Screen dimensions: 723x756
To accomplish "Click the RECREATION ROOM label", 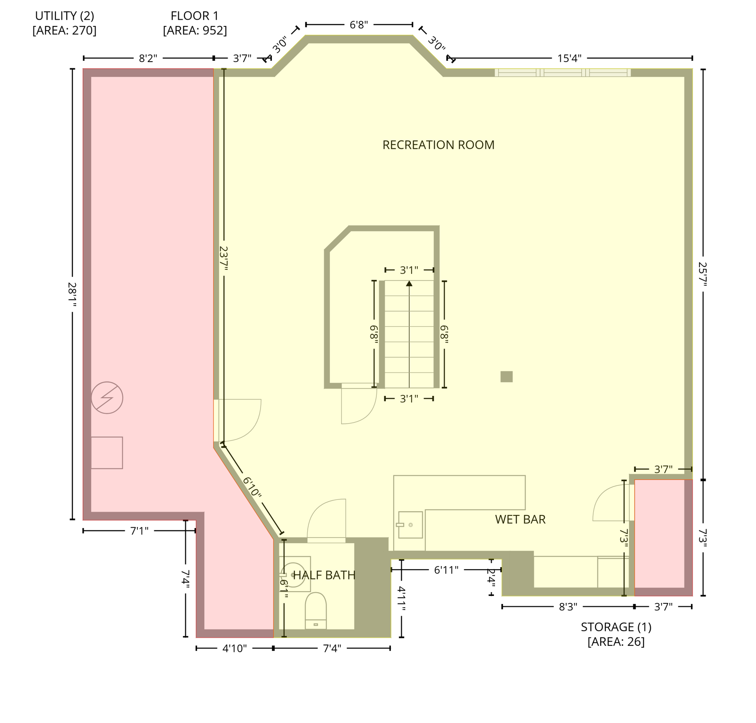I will (x=438, y=145).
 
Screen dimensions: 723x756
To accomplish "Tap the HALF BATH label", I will (x=324, y=575).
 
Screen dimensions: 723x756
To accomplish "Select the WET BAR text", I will (x=520, y=520).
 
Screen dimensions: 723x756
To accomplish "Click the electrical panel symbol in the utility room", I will (x=107, y=398).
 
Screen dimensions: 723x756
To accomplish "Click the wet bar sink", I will (x=410, y=524).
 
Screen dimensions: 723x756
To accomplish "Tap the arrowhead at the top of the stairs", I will (x=409, y=283).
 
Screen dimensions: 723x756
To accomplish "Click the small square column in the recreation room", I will (x=506, y=377).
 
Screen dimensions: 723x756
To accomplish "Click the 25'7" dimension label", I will (x=703, y=274).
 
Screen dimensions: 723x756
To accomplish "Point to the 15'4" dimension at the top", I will (x=569, y=58).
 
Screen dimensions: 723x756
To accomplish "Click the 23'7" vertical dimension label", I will (x=223, y=258).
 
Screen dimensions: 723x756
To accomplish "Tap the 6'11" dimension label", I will (x=446, y=570).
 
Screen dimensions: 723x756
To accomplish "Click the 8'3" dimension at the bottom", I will (x=568, y=607).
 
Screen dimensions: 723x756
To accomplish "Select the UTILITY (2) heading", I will (x=64, y=16).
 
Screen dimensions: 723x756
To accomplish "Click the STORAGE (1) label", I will (x=616, y=627).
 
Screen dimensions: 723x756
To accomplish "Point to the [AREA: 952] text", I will (x=195, y=31).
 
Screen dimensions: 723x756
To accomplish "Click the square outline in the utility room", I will (x=107, y=453).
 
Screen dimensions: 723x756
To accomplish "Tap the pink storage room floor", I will (x=659, y=534).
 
